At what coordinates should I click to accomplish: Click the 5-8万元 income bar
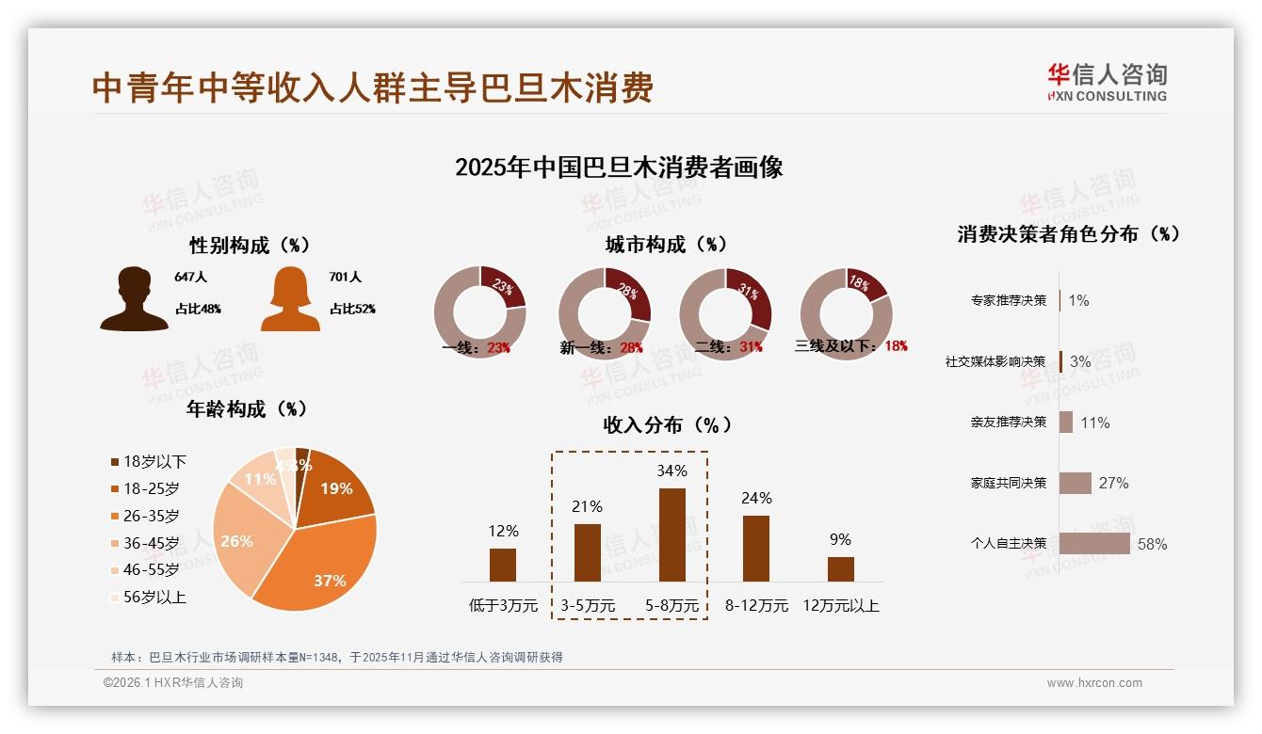pyautogui.click(x=671, y=535)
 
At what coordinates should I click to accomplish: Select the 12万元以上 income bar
pyautogui.click(x=840, y=569)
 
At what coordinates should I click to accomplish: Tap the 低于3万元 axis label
pyautogui.click(x=503, y=606)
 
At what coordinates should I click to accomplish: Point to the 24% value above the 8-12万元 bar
pyautogui.click(x=756, y=499)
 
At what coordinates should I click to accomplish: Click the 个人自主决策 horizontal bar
pyautogui.click(x=1094, y=544)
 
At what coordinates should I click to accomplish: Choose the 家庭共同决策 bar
pyautogui.click(x=1076, y=483)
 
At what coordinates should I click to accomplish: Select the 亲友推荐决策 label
pyautogui.click(x=1009, y=423)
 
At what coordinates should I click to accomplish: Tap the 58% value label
pyautogui.click(x=1152, y=545)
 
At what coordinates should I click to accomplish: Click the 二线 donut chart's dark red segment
pyautogui.click(x=752, y=295)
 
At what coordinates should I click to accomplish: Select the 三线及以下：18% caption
pyautogui.click(x=851, y=346)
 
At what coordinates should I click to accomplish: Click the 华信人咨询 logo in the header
pyautogui.click(x=1107, y=82)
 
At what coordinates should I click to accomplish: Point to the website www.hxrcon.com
pyautogui.click(x=1094, y=683)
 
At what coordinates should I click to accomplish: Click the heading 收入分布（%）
pyautogui.click(x=667, y=425)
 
